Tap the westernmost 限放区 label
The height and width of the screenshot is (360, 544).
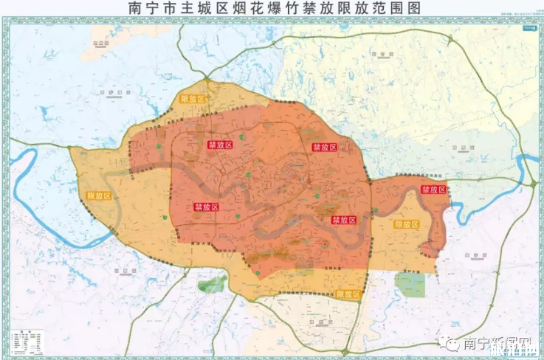click(x=99, y=195)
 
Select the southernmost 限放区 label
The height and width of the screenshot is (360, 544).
click(x=349, y=294)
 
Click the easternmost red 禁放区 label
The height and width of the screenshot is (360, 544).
click(x=433, y=190)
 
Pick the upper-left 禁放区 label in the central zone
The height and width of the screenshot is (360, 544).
click(x=220, y=145)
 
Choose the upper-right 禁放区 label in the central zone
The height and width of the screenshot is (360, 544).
click(x=324, y=148)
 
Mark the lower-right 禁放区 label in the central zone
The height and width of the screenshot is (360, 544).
click(x=344, y=220)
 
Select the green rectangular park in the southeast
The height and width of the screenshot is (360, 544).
click(x=410, y=284)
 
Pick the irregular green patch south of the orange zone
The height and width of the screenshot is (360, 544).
click(x=213, y=283)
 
